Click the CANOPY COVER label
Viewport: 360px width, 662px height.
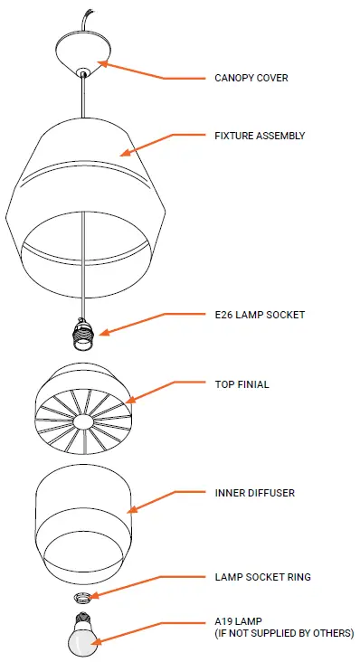(251, 78)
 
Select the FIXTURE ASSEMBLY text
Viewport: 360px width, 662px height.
(260, 136)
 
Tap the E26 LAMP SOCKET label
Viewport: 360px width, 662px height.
(260, 315)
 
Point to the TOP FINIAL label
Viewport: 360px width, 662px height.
(242, 384)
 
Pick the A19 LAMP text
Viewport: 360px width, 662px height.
(238, 621)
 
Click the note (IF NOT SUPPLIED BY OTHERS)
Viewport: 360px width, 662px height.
(284, 632)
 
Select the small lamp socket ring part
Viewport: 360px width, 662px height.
(82, 597)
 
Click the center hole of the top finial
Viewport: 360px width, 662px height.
(82, 422)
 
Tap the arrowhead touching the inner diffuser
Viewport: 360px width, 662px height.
(134, 509)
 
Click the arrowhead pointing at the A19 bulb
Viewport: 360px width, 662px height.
(97, 642)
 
